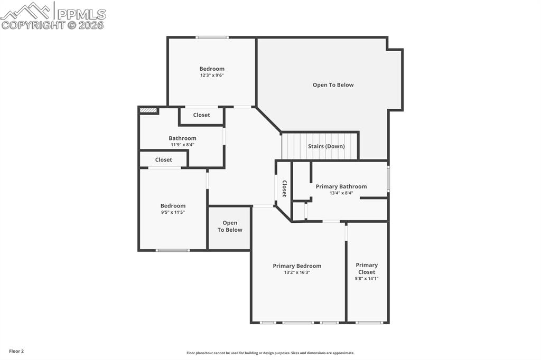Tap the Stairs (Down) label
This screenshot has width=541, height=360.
[326, 146]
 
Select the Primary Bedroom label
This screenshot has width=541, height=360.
[297, 266]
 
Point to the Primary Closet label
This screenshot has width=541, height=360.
[367, 269]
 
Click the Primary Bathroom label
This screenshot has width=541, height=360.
[341, 186]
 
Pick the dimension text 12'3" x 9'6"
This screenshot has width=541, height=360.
[212, 75]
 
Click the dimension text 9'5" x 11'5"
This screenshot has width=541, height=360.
[173, 212]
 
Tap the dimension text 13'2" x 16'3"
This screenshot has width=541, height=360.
[297, 272]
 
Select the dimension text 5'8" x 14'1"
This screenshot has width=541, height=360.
[367, 279]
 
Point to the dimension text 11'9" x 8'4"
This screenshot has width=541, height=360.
[182, 145]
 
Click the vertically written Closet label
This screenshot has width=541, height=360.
[284, 188]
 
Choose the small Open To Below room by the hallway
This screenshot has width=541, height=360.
[230, 227]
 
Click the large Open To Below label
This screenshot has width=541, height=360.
[333, 85]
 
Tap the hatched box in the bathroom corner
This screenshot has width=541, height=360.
[148, 110]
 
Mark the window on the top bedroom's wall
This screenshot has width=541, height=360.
[212, 37]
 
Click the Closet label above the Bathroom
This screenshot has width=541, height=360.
[201, 115]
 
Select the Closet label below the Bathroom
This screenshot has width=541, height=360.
[163, 160]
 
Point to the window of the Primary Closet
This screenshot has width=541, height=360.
[369, 323]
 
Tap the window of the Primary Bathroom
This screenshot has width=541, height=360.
[388, 179]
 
